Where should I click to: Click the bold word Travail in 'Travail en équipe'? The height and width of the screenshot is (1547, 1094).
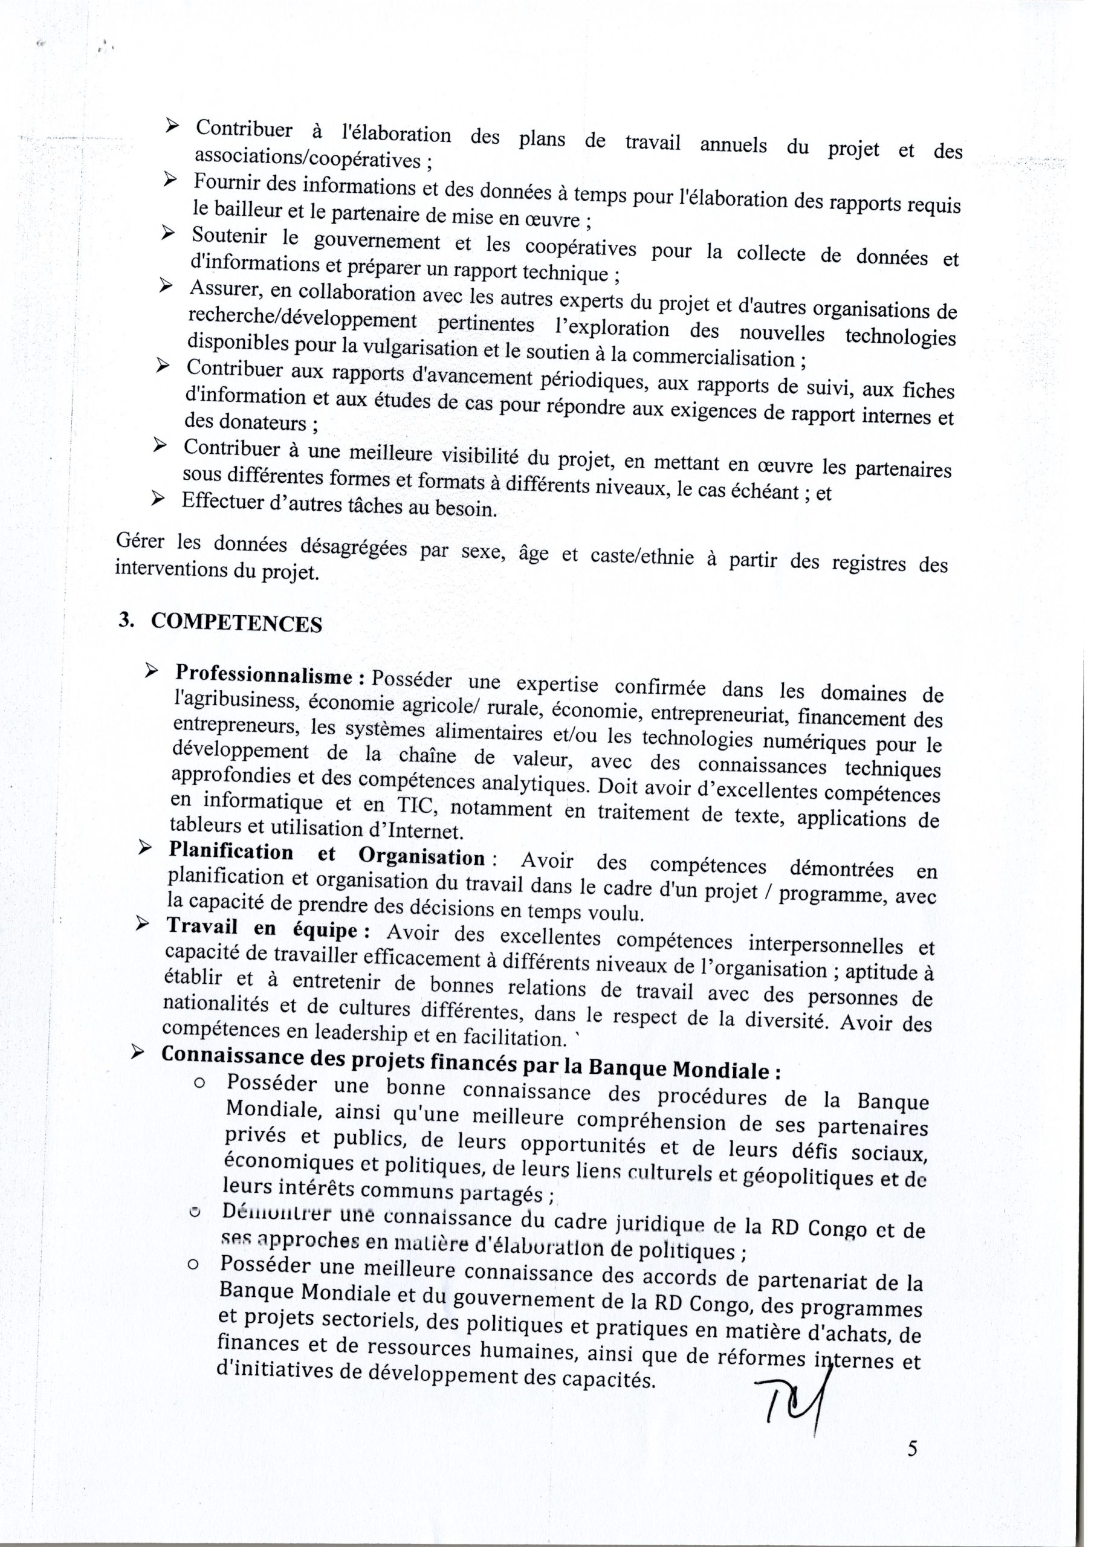(x=203, y=926)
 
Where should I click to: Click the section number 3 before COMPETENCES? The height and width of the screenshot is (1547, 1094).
(x=123, y=621)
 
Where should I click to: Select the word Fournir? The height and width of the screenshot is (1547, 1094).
(x=227, y=182)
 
